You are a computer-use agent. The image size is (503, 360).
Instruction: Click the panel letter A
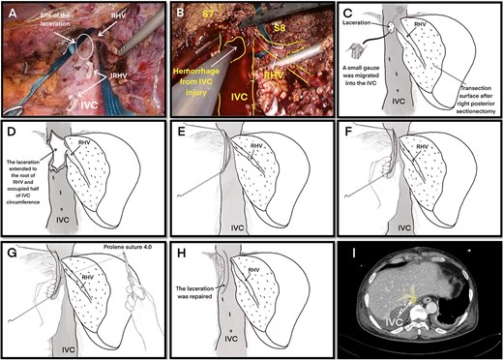click(x=12, y=13)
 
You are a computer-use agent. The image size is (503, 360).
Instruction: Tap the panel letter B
click(x=180, y=13)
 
